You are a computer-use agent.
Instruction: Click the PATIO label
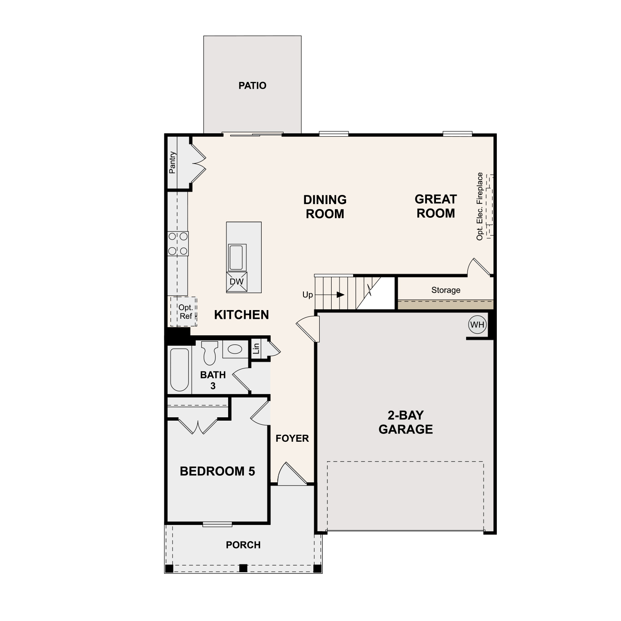[252, 86]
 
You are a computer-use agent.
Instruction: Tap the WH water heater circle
[477, 325]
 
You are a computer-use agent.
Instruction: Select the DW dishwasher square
[237, 282]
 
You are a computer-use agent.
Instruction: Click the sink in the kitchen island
[237, 257]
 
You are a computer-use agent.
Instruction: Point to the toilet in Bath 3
[210, 352]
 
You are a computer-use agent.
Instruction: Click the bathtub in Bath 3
[179, 370]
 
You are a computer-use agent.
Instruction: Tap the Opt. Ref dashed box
[184, 312]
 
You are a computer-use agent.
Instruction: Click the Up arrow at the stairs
[340, 295]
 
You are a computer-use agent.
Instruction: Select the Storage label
[445, 290]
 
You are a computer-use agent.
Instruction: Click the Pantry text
[172, 162]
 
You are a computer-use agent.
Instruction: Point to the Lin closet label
[256, 348]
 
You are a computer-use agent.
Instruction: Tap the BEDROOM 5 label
[217, 471]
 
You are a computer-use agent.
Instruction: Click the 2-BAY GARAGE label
[405, 422]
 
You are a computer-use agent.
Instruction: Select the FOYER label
[292, 438]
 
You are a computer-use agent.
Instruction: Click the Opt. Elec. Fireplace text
[480, 206]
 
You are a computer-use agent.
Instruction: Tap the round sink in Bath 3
[235, 349]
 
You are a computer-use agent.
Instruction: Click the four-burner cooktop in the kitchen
[178, 243]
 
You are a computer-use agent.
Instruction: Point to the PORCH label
[243, 545]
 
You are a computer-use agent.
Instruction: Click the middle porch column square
[243, 568]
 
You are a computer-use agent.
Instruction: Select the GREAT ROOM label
[436, 206]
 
